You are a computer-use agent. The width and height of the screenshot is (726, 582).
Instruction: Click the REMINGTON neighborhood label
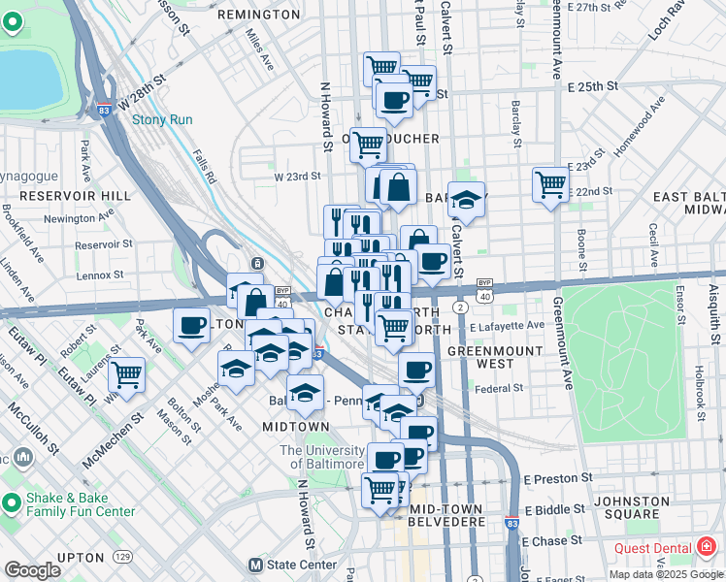[259, 15]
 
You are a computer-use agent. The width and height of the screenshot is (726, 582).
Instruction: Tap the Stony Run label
[162, 120]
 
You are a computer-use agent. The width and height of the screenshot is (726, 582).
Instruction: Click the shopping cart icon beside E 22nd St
[550, 182]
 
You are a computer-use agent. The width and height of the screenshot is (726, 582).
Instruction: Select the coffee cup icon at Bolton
[191, 325]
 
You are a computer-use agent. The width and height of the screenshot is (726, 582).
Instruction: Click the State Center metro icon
[256, 565]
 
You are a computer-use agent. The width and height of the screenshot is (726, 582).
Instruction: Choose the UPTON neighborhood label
[82, 558]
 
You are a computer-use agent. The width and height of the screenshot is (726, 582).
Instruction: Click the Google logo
[32, 570]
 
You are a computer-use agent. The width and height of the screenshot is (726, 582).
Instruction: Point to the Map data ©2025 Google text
[665, 574]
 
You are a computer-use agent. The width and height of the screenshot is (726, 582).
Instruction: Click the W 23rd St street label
[296, 177]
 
